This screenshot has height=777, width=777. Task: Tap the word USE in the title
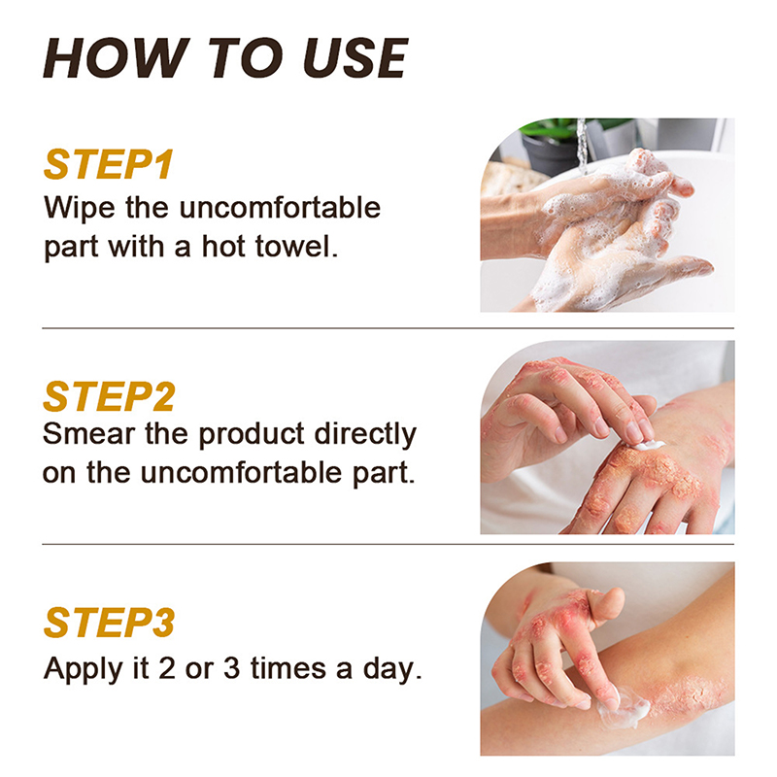coord(355,58)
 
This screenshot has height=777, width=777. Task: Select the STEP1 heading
coord(109,164)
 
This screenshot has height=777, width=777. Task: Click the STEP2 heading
coord(109,396)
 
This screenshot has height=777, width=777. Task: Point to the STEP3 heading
coord(109,623)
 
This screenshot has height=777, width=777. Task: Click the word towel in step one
coord(296,247)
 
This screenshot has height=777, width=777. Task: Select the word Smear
coord(88,433)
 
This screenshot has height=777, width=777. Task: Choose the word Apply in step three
coord(83,669)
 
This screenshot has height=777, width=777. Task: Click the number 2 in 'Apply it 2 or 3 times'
coord(167,668)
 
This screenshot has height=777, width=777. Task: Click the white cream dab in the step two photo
coord(649,445)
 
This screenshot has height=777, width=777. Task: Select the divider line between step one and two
coord(388,328)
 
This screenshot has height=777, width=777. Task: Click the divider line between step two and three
coord(388,544)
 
